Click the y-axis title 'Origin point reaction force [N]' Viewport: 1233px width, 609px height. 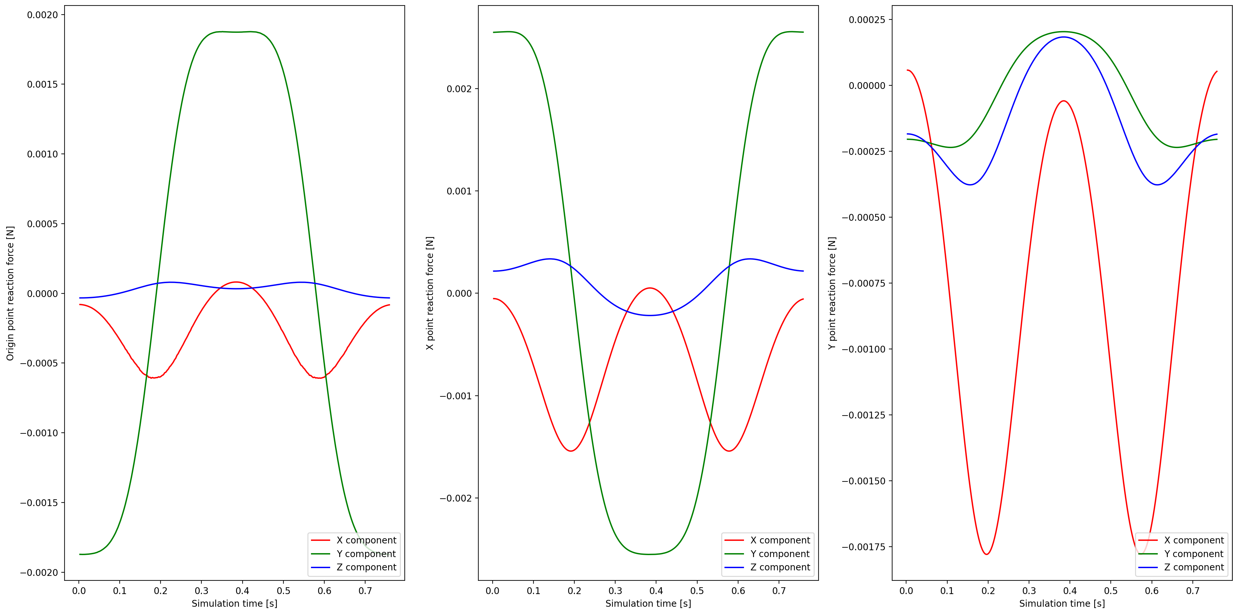[10, 293]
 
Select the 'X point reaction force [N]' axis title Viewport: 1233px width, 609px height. [430, 293]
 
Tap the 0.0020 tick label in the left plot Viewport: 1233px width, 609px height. [42, 15]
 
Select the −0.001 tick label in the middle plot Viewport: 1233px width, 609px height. [455, 396]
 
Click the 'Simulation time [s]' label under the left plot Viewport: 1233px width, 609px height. [234, 603]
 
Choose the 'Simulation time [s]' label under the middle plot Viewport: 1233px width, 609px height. [648, 603]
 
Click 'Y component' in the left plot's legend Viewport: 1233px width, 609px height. [366, 554]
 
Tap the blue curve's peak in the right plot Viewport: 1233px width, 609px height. [1064, 37]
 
